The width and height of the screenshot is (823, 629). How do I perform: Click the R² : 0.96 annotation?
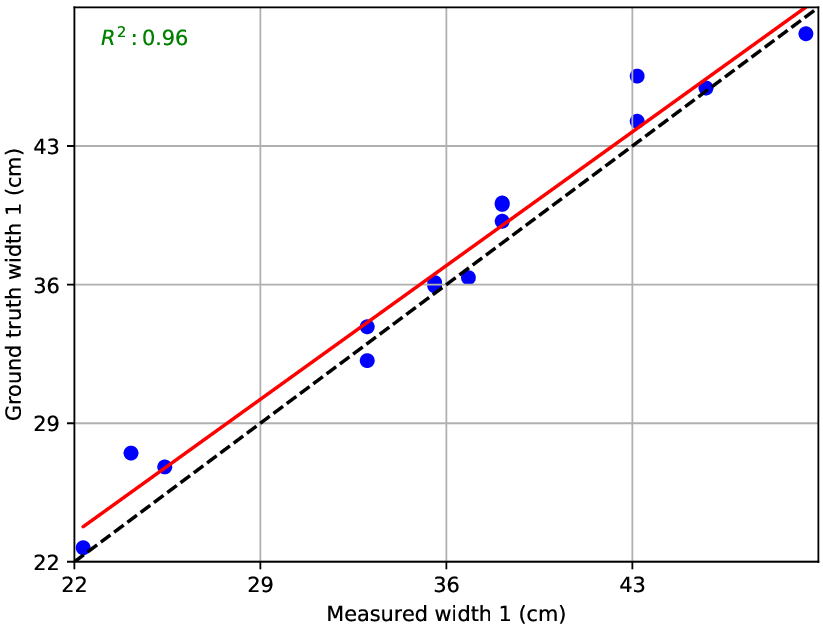click(144, 38)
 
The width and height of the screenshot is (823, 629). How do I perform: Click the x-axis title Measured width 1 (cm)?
click(446, 613)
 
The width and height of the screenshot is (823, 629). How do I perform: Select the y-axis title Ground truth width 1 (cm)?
click(14, 291)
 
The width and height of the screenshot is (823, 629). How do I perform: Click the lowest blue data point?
click(83, 548)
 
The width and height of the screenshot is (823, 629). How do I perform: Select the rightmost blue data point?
click(806, 34)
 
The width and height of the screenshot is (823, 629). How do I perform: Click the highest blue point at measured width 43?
click(637, 76)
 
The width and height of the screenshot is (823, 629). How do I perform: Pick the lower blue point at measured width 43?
click(637, 121)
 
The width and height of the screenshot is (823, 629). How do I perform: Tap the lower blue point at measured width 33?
click(367, 360)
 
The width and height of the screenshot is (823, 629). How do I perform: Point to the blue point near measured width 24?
click(131, 453)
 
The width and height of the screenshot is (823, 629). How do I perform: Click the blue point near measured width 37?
click(468, 277)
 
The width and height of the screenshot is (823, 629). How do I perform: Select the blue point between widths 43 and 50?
click(706, 88)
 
